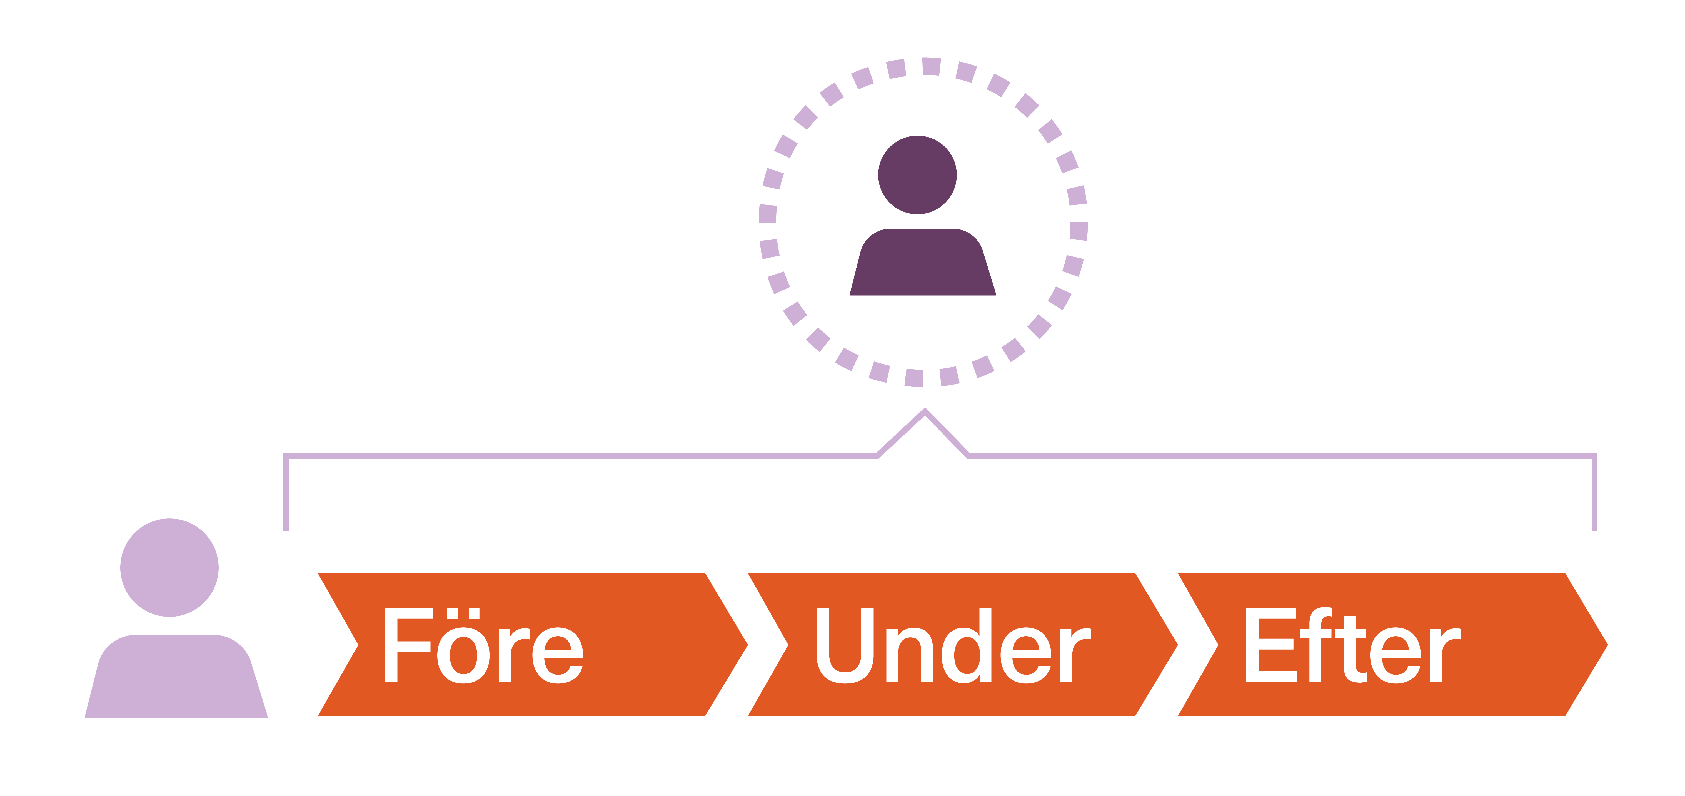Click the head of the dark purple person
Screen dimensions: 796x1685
coord(917,175)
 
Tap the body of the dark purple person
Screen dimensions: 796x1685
coord(922,265)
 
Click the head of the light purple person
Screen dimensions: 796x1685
coord(169,567)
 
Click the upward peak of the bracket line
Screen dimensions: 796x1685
coord(925,412)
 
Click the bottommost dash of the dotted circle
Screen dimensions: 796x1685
coord(914,378)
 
